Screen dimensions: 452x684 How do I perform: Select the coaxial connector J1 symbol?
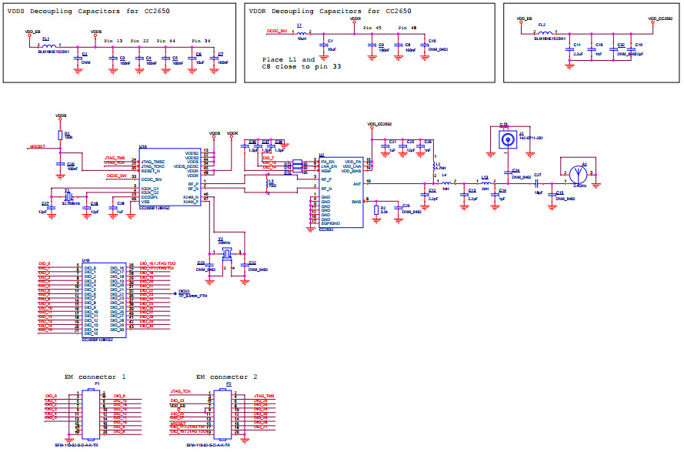[x=508, y=140]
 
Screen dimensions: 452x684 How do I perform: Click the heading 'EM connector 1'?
[x=95, y=376]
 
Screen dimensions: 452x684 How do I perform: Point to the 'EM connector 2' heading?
[x=227, y=376]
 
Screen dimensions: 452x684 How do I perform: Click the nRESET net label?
[x=38, y=146]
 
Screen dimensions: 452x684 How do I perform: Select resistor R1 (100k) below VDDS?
[x=62, y=134]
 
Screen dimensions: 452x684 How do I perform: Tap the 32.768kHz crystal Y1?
[x=67, y=198]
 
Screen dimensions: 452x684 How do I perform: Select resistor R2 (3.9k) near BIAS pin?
[x=375, y=209]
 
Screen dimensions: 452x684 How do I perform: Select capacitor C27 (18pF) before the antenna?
[x=537, y=182]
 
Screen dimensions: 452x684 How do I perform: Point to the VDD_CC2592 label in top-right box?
[x=661, y=18]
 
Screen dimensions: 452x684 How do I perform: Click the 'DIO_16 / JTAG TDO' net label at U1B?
[x=158, y=263]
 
